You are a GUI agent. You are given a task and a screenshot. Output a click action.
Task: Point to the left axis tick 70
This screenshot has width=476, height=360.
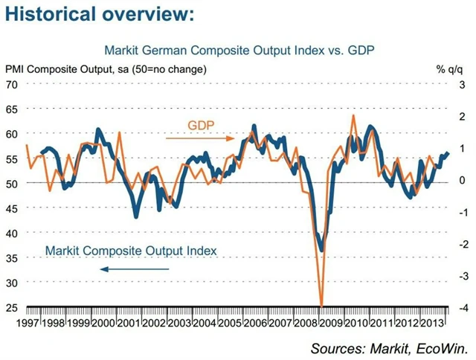[12, 84]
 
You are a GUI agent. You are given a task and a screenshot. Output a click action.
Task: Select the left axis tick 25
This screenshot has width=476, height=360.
[12, 307]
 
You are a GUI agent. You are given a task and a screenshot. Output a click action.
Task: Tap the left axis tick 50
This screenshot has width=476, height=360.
[12, 183]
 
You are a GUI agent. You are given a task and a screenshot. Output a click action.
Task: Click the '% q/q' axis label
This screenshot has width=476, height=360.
[451, 70]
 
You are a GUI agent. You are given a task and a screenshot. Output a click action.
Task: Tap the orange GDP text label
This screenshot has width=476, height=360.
[200, 125]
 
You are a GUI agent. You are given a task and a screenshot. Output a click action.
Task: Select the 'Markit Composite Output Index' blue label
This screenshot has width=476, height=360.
[131, 251]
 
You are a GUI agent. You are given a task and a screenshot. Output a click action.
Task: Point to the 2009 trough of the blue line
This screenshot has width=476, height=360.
[321, 250]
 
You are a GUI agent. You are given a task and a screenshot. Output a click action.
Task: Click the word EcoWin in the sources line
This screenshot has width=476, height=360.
[440, 347]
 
